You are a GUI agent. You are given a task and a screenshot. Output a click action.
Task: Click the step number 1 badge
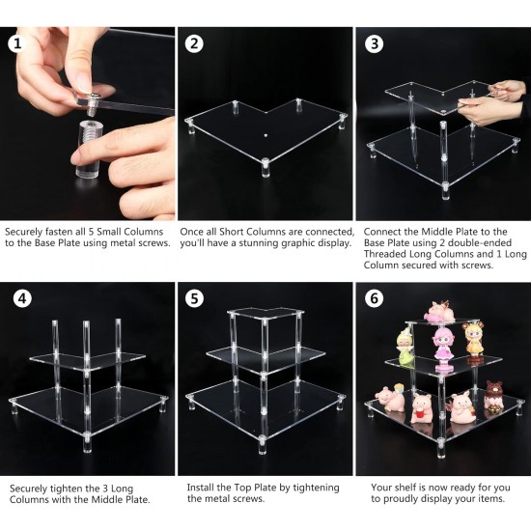[16, 43]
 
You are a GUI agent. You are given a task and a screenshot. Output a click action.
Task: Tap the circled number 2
[195, 43]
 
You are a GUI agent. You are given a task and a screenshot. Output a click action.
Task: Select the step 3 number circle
[374, 43]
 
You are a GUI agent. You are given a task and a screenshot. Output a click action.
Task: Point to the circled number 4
[16, 298]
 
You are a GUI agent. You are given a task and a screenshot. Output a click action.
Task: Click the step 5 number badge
[195, 298]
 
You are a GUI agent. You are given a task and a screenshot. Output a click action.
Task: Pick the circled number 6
[374, 298]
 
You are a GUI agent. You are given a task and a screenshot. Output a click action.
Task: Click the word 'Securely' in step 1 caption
[25, 232]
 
